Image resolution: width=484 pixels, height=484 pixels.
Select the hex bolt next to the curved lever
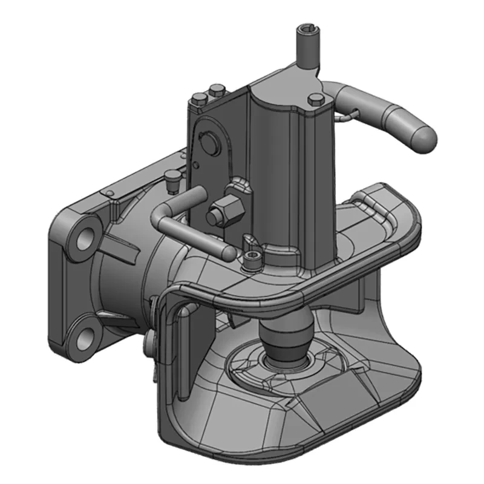pos(316,100)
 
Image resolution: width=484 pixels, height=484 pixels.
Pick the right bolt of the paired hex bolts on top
pos(215,92)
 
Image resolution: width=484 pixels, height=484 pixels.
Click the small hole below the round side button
pos(197,164)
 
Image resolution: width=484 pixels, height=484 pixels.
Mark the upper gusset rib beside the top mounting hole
pos(125,245)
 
